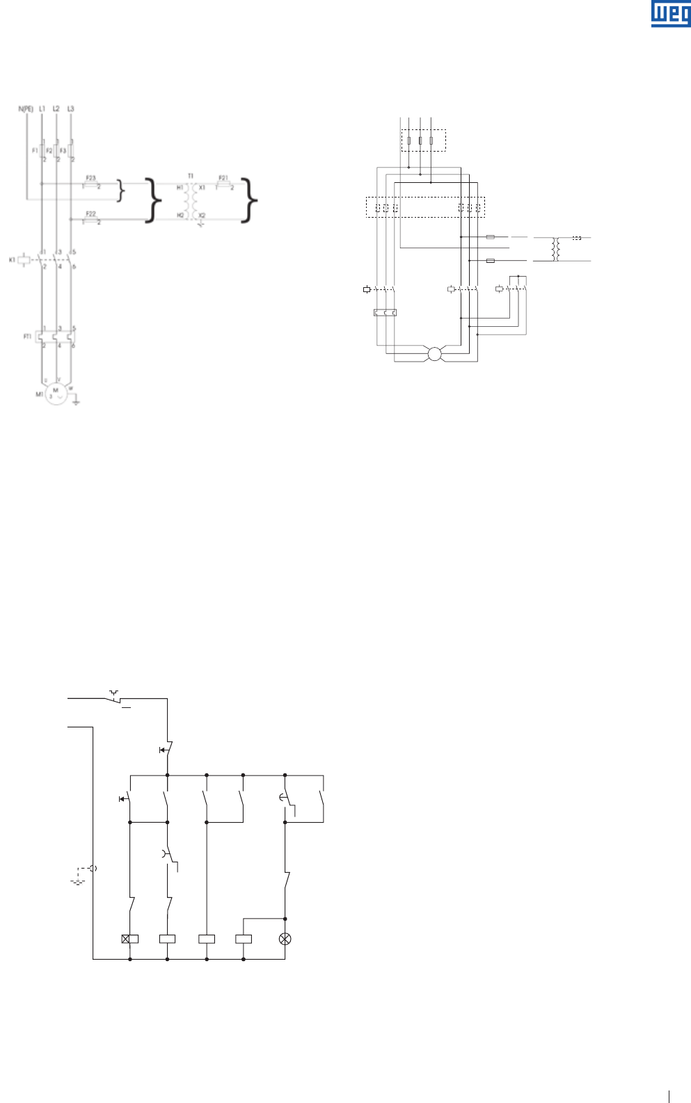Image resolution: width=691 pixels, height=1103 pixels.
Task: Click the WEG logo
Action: (671, 14)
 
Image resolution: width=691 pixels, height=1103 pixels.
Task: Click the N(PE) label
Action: (26, 108)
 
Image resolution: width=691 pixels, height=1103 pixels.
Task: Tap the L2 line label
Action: (56, 108)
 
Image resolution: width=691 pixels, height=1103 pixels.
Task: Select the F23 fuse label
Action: (90, 178)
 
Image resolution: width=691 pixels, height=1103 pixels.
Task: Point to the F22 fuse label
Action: (90, 214)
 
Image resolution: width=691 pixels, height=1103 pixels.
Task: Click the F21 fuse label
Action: (223, 178)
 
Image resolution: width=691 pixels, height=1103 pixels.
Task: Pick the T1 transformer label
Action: (191, 176)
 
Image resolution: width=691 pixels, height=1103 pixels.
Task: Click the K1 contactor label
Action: (12, 259)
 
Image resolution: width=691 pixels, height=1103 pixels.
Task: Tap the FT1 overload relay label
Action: (28, 337)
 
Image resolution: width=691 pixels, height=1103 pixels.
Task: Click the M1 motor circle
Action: (56, 394)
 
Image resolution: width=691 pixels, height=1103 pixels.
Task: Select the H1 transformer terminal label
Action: (180, 188)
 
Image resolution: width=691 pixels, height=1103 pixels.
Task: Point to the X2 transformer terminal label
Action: (202, 216)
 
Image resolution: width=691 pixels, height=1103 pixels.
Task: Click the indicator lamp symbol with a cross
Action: (285, 939)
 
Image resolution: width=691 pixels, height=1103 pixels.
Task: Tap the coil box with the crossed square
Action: (130, 939)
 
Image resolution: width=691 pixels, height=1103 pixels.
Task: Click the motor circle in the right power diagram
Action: (435, 354)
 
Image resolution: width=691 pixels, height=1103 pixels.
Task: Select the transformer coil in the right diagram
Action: (555, 249)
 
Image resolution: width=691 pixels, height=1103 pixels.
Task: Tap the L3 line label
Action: (71, 108)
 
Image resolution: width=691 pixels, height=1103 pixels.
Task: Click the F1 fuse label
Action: (35, 150)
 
